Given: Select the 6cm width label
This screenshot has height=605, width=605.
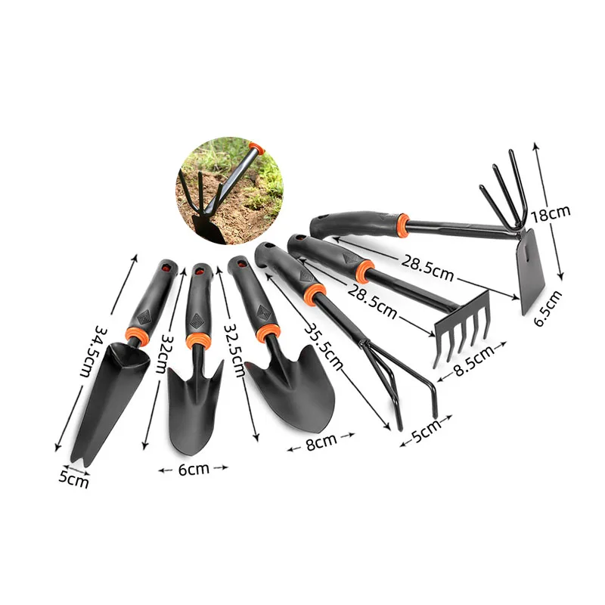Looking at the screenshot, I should tap(194, 469).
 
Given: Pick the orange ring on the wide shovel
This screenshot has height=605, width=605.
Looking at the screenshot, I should tap(265, 333).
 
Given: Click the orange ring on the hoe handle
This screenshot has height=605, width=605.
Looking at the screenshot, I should tap(402, 224).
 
